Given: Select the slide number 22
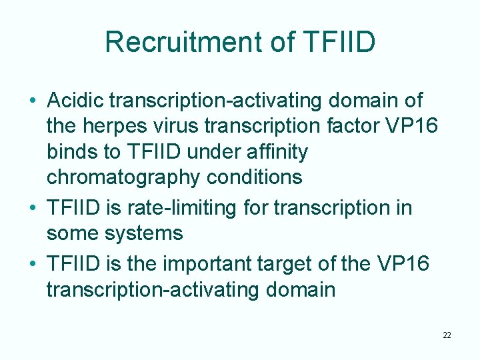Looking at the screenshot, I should [447, 335].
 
